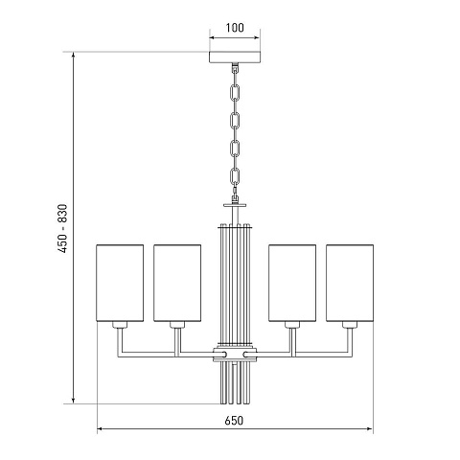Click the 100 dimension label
[x=235, y=28]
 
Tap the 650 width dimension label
[x=234, y=421]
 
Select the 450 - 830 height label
[x=63, y=228]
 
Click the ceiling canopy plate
[x=235, y=57]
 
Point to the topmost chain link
[x=235, y=92]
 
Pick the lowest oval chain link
[x=235, y=176]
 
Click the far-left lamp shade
[x=120, y=283]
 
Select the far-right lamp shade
[x=350, y=283]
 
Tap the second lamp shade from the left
[x=177, y=283]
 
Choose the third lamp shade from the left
[x=292, y=283]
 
